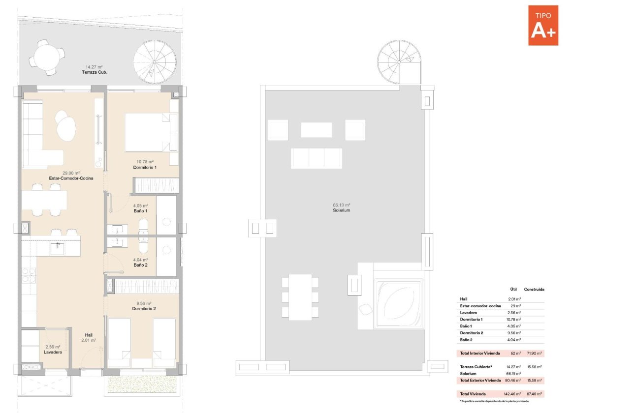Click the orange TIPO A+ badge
543,26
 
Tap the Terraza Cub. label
94,72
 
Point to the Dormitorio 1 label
145,168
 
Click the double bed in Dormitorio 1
151,132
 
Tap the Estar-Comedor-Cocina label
71,178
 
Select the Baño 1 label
140,211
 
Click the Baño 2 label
140,265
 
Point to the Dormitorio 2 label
144,309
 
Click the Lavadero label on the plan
52,353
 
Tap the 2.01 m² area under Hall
88,340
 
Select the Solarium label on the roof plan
341,210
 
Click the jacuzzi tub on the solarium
398,304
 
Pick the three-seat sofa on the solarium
316,158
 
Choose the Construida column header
534,290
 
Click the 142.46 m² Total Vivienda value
512,394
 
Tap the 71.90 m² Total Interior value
534,354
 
